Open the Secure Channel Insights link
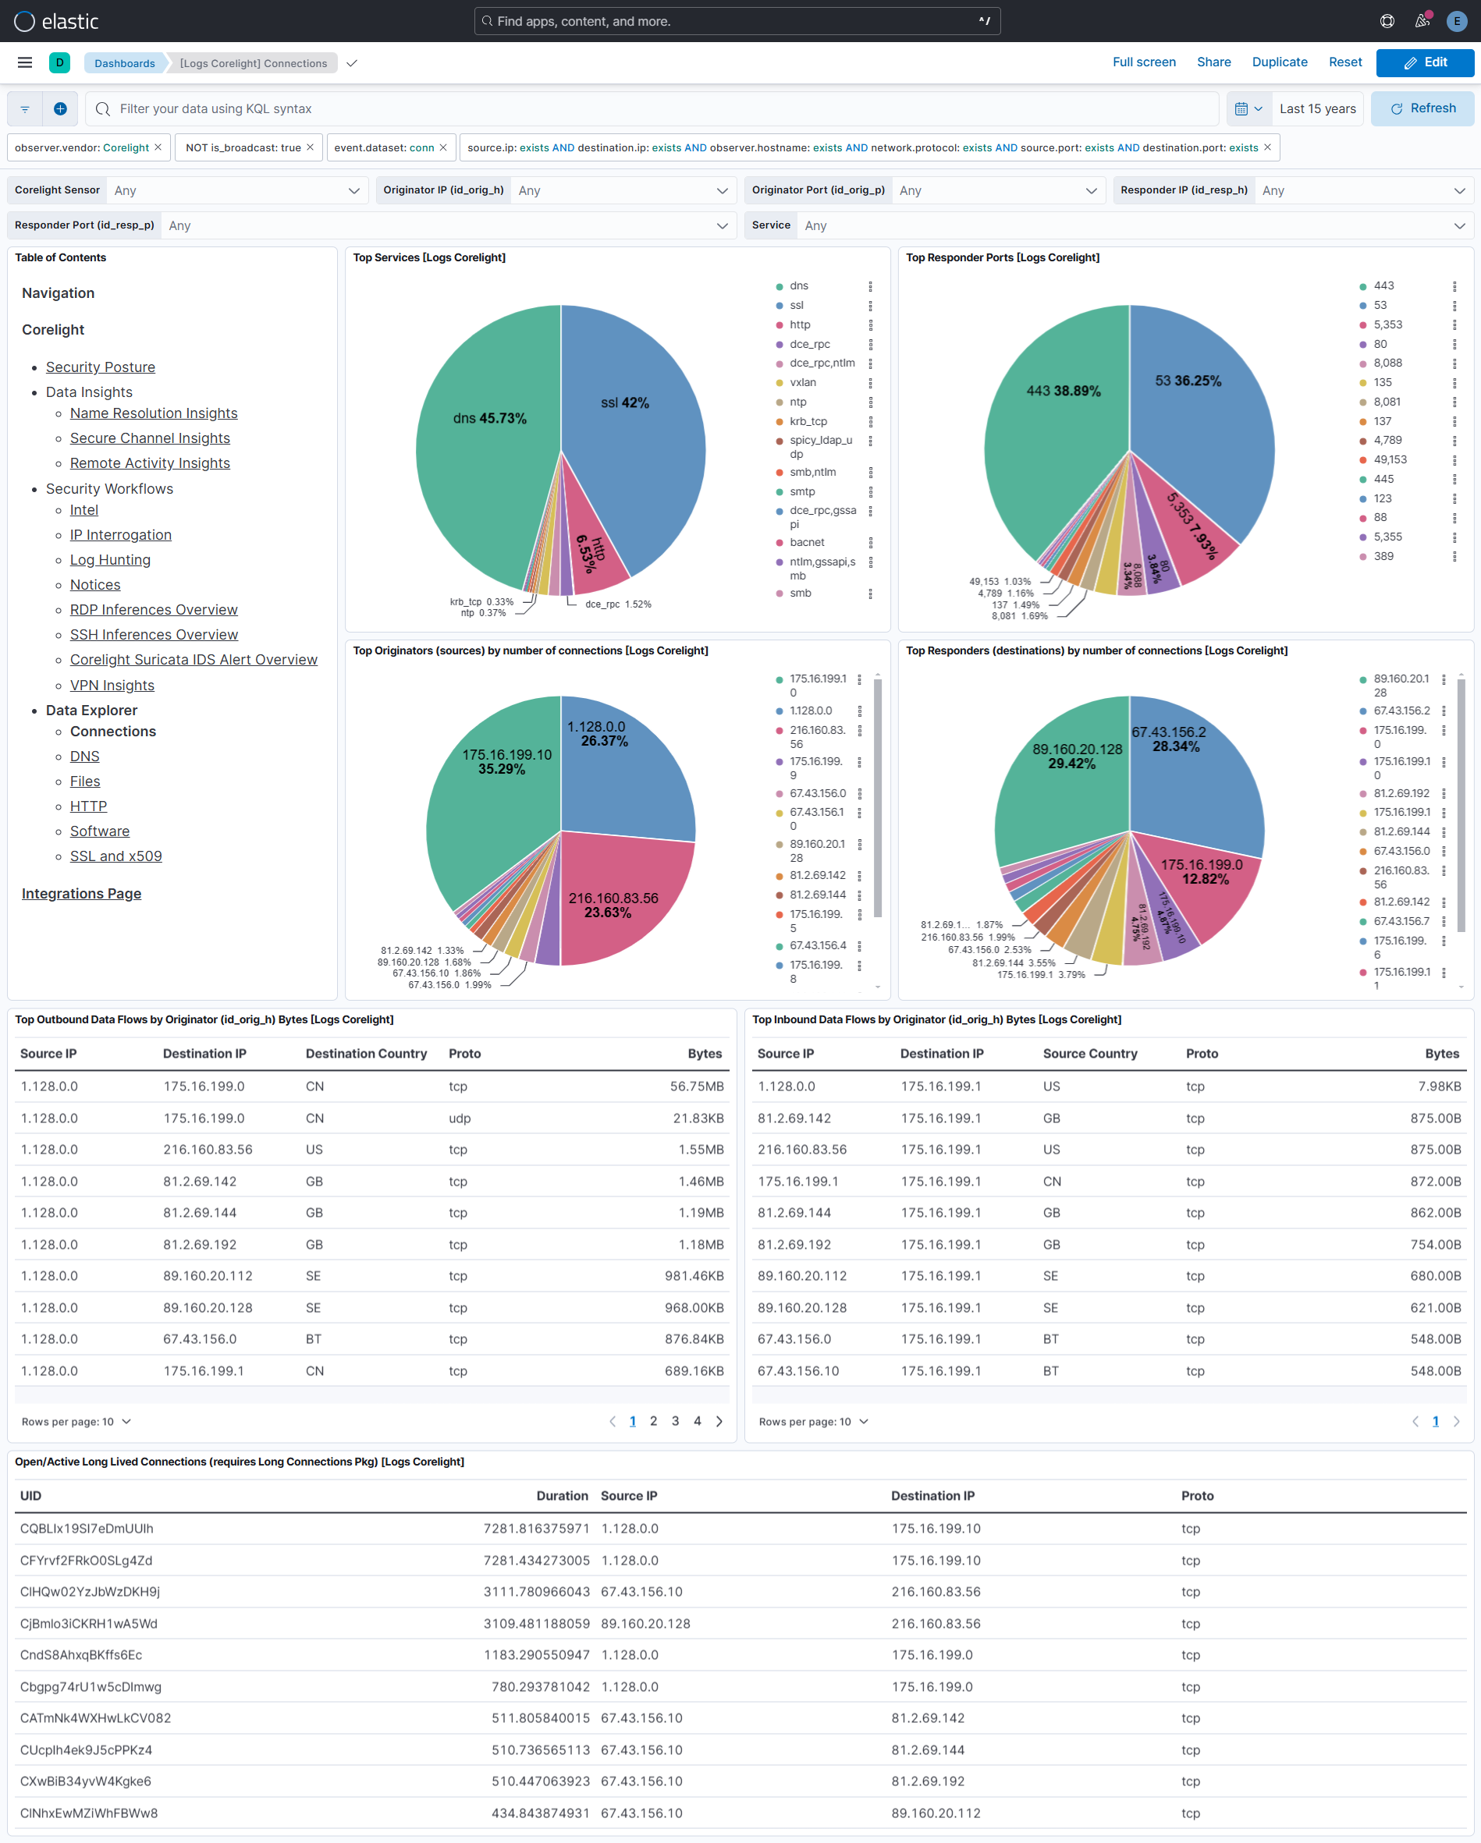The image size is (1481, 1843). pyautogui.click(x=150, y=438)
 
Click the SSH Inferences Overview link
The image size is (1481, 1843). pyautogui.click(x=154, y=634)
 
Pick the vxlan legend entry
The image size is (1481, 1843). pyautogui.click(x=802, y=382)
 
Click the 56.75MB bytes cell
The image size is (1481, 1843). pyautogui.click(x=696, y=1086)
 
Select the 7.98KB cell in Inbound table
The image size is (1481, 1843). pyautogui.click(x=1439, y=1086)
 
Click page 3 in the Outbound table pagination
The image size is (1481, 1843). pyautogui.click(x=676, y=1422)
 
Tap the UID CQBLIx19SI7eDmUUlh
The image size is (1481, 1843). pyautogui.click(x=87, y=1529)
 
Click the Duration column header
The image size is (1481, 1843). pyautogui.click(x=562, y=1496)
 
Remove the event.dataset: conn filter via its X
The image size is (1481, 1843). pyautogui.click(x=443, y=148)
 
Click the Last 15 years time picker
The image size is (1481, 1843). pyautogui.click(x=1317, y=108)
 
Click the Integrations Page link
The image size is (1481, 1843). pyautogui.click(x=81, y=893)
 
